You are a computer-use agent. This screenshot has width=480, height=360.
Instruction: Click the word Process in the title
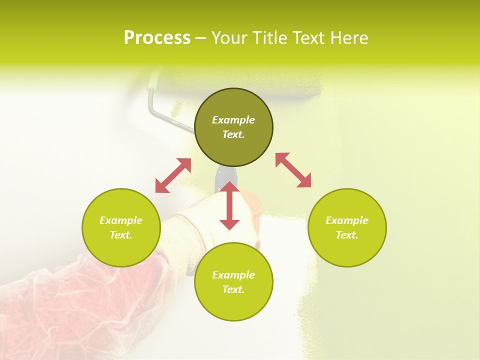point(157,38)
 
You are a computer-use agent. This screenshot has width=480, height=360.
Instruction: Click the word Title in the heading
point(268,38)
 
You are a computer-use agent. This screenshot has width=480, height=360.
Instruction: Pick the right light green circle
point(347,247)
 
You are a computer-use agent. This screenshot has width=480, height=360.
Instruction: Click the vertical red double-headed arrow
point(229,205)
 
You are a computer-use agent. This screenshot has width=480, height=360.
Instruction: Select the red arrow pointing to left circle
point(173,175)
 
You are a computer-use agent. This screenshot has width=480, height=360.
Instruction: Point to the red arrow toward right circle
point(293,170)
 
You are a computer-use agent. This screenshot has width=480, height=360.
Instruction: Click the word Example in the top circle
point(233,120)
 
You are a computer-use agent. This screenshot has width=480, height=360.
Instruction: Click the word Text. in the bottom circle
point(233,289)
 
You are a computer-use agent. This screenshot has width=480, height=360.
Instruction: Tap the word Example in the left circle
point(121,220)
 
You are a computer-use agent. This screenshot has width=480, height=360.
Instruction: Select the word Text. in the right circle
point(347,235)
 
